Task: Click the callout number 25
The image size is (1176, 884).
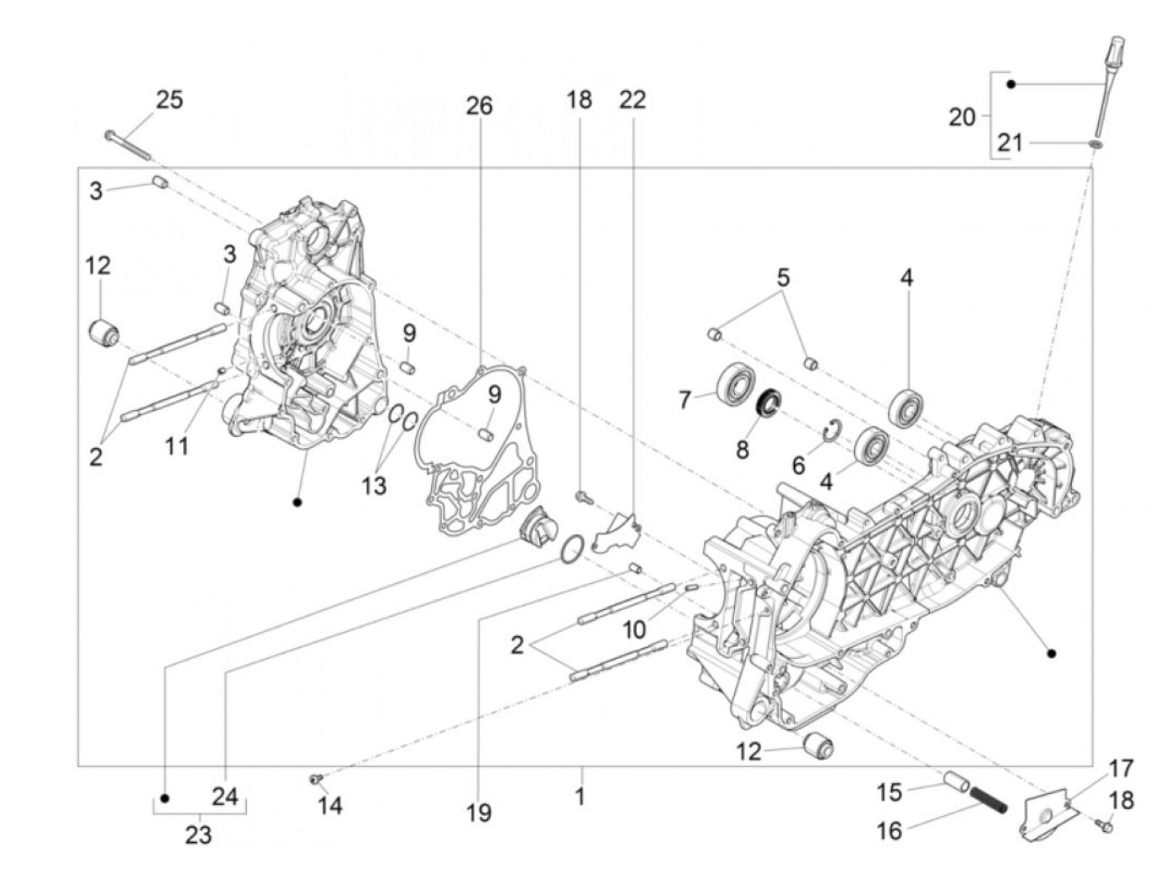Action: [169, 99]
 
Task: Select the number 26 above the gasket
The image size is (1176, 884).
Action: [480, 106]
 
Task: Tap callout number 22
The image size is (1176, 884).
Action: [633, 99]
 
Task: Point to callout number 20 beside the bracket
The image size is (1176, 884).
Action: [962, 117]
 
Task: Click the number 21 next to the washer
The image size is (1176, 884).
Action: [1010, 143]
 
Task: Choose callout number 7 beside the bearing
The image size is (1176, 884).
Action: [685, 399]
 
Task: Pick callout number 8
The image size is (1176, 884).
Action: [742, 450]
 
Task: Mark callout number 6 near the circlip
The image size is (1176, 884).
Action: [798, 465]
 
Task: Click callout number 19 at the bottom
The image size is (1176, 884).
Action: [479, 813]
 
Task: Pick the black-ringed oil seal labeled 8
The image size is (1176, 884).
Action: [768, 403]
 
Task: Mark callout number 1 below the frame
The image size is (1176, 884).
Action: [580, 795]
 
